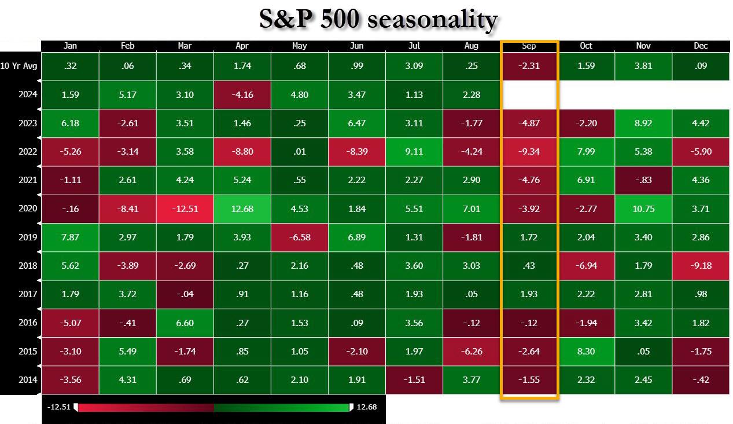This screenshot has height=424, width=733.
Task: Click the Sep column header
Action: click(529, 46)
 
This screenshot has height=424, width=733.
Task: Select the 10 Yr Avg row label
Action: click(19, 66)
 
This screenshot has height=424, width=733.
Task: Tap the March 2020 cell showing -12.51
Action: click(185, 209)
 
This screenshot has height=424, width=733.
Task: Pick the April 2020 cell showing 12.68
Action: click(242, 209)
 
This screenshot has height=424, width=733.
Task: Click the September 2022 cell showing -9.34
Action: click(529, 152)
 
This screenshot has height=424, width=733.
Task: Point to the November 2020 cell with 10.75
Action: click(643, 209)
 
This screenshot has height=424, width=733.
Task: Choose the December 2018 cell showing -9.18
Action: click(700, 265)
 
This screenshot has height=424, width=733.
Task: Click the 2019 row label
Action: click(28, 237)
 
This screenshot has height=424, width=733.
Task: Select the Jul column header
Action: click(414, 46)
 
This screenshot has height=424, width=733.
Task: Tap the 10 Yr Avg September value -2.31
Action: click(529, 66)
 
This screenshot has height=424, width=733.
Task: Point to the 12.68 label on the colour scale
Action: click(366, 407)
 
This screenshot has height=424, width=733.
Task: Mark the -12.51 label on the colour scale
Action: click(58, 407)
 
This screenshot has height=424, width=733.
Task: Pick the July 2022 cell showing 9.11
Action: click(414, 152)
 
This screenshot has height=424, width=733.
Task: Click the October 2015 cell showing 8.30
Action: click(585, 351)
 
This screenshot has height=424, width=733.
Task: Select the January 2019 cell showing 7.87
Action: click(71, 237)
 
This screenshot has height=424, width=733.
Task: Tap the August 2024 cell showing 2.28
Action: click(472, 94)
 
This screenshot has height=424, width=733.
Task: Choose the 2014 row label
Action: click(28, 380)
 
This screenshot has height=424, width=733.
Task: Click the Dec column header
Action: click(700, 46)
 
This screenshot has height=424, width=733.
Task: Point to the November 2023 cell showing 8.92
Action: click(643, 123)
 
